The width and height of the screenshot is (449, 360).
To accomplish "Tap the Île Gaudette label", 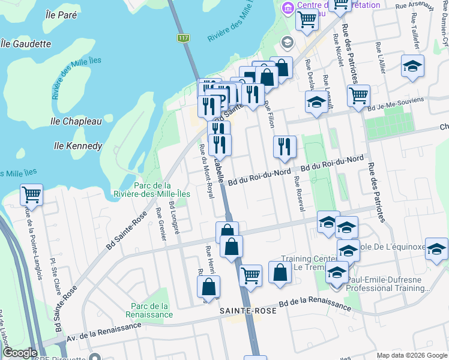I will tap(26, 43).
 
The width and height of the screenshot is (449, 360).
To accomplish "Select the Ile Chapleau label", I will tap(76, 121).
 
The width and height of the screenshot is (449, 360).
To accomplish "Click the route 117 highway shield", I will tap(181, 38).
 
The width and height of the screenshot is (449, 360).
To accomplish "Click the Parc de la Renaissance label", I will tap(150, 310).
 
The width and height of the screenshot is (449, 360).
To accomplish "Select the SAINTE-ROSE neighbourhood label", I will tap(248, 311).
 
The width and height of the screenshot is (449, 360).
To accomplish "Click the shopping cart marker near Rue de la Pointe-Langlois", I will tap(31, 194).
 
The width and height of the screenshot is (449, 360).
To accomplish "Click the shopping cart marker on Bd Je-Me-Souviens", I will tap(358, 95).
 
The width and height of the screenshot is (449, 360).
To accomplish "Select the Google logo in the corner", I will tap(20, 353).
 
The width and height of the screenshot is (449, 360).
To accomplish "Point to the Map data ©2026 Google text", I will tap(412, 355).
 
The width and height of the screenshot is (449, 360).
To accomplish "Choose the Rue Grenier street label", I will tap(161, 224).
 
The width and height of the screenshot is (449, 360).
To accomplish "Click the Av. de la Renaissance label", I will tap(104, 331).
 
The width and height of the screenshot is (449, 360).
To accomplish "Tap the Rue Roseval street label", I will tap(298, 193).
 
